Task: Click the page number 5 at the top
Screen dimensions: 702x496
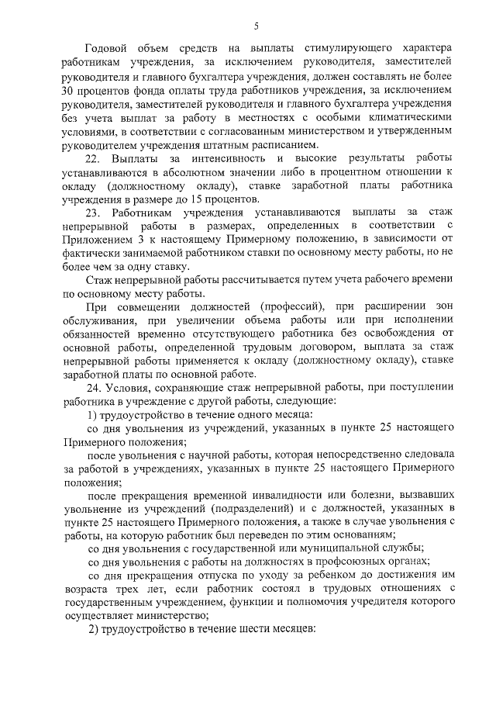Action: (x=256, y=28)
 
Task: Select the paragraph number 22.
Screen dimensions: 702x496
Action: (x=95, y=159)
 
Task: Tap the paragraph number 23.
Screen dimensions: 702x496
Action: (x=95, y=213)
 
